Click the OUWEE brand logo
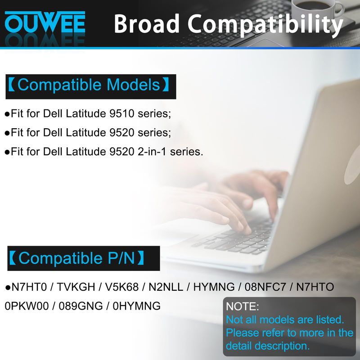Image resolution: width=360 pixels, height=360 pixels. pos(45,22)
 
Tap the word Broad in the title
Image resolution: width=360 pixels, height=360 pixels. pos(147,23)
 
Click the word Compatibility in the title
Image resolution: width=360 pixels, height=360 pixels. pos(265,25)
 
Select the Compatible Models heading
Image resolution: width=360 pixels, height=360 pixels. pos(89,85)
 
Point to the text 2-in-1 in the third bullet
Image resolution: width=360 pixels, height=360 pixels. pos(152,152)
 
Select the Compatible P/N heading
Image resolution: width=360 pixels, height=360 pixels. pos(76,258)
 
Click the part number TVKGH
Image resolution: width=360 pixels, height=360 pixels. pos(76,287)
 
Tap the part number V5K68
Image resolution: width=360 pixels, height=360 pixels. pos(122,287)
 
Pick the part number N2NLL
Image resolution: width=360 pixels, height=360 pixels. pos(166,287)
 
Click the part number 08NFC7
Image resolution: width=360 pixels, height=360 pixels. pos(265,287)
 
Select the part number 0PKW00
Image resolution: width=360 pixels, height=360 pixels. pos(27,306)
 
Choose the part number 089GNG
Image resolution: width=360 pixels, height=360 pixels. pos(81,306)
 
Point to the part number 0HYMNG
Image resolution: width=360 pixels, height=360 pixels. pos(137,306)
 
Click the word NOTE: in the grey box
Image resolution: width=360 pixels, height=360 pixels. pos(243,306)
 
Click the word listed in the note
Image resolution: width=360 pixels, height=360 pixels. pos(330,319)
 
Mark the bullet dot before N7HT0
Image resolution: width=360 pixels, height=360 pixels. pos(7,288)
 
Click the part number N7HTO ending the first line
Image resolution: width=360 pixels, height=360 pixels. pos(315,287)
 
